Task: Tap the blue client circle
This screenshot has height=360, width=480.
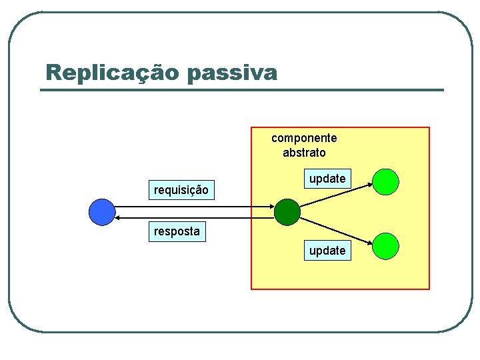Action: (102, 212)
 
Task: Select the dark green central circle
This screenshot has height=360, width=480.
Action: (287, 212)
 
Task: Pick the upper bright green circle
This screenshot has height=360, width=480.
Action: (386, 181)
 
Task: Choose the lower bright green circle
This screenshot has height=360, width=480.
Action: (386, 245)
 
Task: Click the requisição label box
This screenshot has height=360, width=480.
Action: (181, 191)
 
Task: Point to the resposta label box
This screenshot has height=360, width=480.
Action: (177, 231)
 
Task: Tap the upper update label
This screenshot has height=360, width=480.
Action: (327, 179)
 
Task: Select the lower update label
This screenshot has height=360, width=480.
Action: (327, 251)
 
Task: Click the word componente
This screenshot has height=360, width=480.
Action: (304, 138)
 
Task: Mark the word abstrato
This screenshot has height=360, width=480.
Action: (304, 153)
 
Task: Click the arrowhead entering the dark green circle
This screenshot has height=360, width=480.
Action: (271, 207)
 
